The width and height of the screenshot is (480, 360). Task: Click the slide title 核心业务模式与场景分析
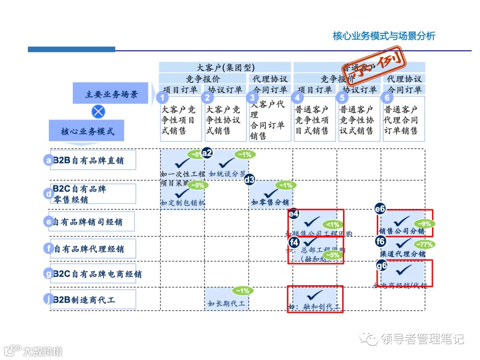pos(384,36)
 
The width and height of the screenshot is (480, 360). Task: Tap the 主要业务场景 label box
pos(111,94)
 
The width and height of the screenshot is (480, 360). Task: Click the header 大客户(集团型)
pos(225,68)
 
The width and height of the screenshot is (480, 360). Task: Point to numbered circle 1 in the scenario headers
pos(164,98)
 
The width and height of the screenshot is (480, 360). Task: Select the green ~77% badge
pos(424,244)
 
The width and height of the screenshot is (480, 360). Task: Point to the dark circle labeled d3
pos(250,180)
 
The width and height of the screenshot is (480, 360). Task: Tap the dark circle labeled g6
pos(382,266)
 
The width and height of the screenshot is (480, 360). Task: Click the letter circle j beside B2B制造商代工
pos(48,300)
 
